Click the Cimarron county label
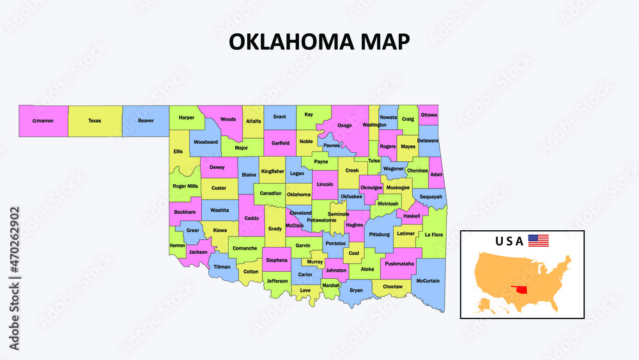[43, 120]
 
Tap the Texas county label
[95, 120]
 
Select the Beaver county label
[146, 120]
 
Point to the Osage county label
[344, 125]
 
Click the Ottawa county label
[429, 115]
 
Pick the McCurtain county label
[427, 281]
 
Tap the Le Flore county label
[433, 235]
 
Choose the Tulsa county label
[374, 161]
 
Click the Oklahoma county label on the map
[298, 194]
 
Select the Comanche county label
[245, 248]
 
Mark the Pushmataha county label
[400, 263]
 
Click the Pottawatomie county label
[321, 220]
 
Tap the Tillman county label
[222, 267]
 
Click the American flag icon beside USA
[538, 241]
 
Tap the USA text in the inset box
[509, 241]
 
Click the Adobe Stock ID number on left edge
[15, 278]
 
